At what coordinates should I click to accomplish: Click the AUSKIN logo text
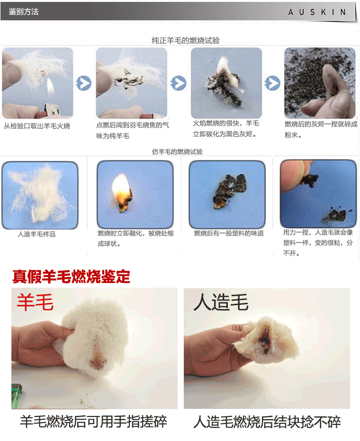point(317,12)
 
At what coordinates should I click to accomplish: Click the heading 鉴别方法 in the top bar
point(24,11)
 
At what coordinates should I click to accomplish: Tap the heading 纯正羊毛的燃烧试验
point(186,41)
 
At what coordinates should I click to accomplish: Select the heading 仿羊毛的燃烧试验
point(177,151)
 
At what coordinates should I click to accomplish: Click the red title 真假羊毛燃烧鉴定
point(71,276)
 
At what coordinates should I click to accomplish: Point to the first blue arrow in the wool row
point(83,83)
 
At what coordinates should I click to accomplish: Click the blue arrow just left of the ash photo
point(272,83)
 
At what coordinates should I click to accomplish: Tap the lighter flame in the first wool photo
point(50,87)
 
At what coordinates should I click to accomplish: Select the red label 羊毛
point(35,302)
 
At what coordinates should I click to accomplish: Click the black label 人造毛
point(221,302)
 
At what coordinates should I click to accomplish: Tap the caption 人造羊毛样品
point(36,234)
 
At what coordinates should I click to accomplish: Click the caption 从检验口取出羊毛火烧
point(36,126)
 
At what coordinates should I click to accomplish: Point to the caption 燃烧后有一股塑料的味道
point(229,233)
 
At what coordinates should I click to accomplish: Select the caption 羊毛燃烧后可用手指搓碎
point(93,422)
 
